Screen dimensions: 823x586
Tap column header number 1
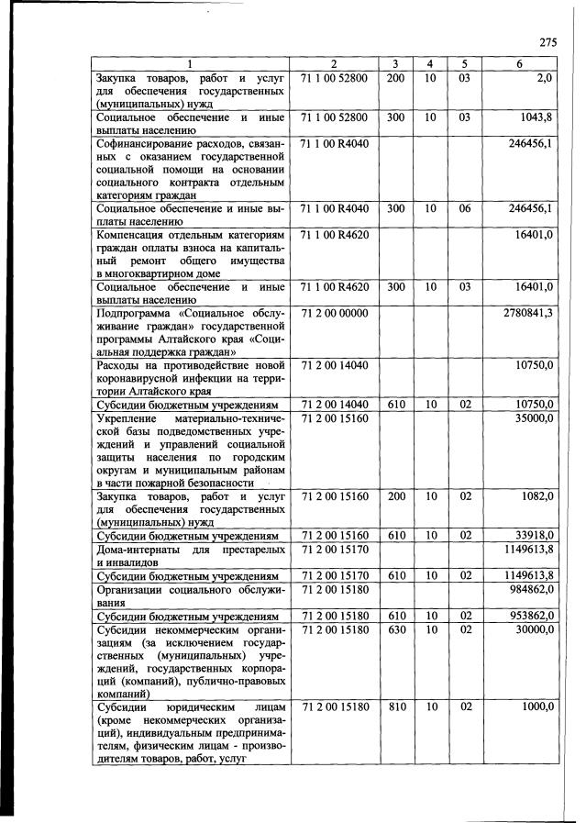[x=189, y=64]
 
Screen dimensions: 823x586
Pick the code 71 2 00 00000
[x=333, y=313]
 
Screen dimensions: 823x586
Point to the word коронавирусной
[x=141, y=378]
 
